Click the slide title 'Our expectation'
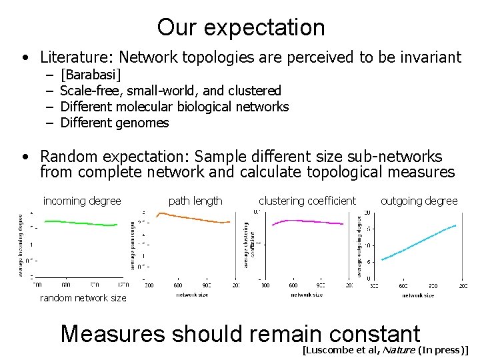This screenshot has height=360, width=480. pos(241,27)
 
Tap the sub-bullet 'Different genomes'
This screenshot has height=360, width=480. pos(114,123)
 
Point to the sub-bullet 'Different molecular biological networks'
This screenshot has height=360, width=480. pos(174,107)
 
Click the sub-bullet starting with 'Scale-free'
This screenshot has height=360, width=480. pos(170,91)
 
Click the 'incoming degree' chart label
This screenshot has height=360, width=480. pos(82,201)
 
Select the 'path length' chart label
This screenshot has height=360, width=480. pos(195,201)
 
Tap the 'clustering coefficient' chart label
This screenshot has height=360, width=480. pos(307,201)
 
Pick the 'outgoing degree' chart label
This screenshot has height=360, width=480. pos(419,201)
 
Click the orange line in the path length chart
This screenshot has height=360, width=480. pos(193,218)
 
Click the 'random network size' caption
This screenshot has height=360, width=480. pos(83,298)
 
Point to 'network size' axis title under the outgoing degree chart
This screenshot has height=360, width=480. pos(418,295)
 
